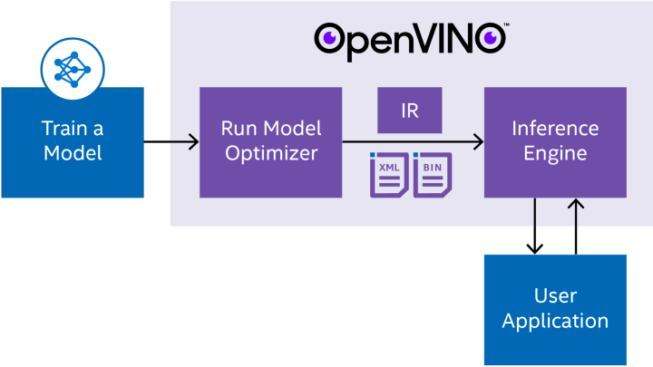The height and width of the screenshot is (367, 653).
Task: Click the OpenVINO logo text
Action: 411,41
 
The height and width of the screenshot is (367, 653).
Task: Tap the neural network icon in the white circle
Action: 73,67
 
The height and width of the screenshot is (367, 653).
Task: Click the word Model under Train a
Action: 73,152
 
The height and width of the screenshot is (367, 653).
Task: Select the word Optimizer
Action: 270,152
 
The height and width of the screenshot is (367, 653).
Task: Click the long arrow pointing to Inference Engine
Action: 413,141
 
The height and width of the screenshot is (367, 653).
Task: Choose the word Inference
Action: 554,128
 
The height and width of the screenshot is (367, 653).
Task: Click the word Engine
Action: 554,152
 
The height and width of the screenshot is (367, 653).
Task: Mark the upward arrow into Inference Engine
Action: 575,213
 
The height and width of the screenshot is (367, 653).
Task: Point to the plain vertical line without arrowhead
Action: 535,213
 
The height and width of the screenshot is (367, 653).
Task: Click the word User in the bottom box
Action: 555,296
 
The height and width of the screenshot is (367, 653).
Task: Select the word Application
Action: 555,320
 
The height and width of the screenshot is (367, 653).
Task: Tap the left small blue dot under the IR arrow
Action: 373,155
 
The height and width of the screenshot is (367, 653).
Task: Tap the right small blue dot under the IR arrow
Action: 415,155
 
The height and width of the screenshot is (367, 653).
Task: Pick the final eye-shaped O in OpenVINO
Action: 492,38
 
